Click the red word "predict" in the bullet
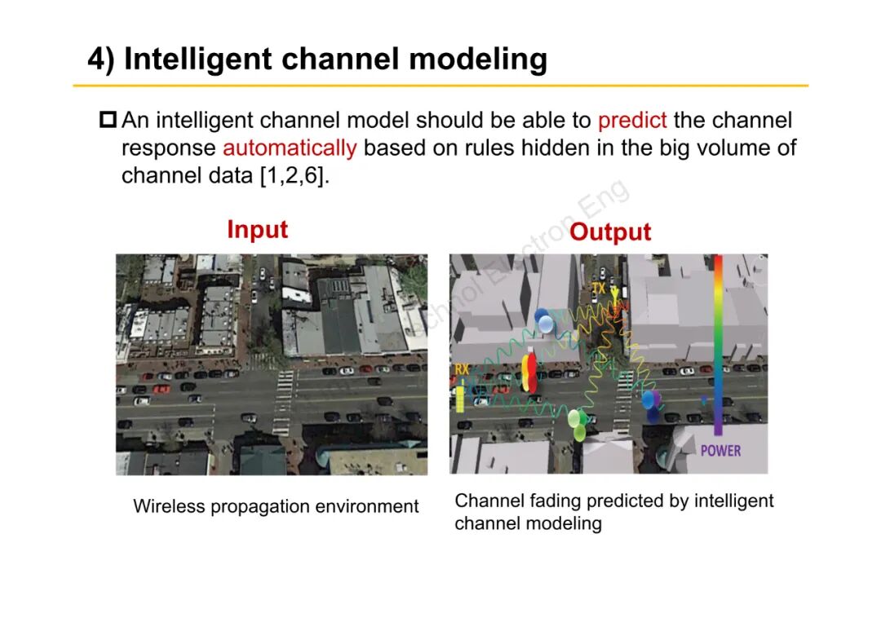click(632, 121)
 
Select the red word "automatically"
click(289, 148)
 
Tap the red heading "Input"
click(257, 229)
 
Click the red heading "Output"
click(610, 232)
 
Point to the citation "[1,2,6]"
click(294, 176)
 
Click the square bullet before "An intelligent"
click(108, 121)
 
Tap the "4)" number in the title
click(101, 60)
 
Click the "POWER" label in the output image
click(720, 450)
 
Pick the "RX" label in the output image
click(462, 369)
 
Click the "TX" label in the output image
click(599, 289)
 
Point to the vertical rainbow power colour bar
click(718, 342)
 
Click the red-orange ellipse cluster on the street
click(530, 373)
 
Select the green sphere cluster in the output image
click(578, 424)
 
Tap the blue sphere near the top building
click(543, 320)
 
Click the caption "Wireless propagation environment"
click(276, 506)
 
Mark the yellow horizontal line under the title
click(440, 85)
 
